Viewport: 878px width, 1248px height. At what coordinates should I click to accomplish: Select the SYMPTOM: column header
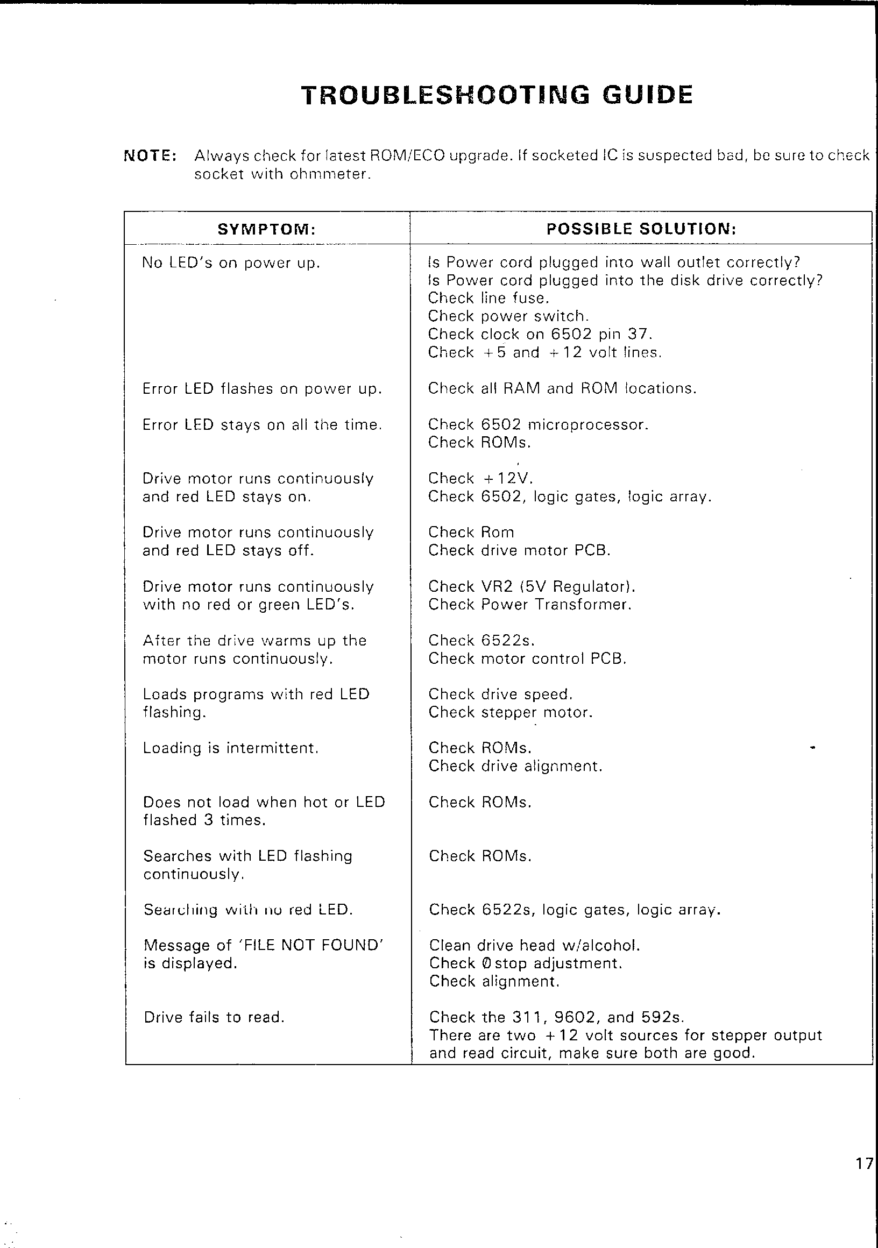tap(266, 229)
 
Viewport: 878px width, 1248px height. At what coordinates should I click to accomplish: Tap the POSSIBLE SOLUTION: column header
tap(641, 229)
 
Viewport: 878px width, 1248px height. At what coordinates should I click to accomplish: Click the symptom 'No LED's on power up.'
tap(231, 263)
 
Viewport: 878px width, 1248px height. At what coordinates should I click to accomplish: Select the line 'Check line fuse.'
tap(488, 299)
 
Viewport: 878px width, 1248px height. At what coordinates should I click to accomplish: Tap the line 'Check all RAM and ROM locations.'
tap(562, 388)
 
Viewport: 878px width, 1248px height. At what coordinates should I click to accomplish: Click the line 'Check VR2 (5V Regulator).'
tap(531, 587)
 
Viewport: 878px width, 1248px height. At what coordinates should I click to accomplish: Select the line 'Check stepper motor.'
tap(510, 712)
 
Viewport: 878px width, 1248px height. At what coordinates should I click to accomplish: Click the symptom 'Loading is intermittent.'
tap(230, 748)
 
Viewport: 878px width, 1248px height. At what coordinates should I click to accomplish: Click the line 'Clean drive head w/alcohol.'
tap(534, 945)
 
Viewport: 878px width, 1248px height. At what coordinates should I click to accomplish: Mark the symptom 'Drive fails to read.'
tap(214, 1017)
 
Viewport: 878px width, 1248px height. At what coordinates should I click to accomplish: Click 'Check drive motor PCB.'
tap(519, 551)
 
